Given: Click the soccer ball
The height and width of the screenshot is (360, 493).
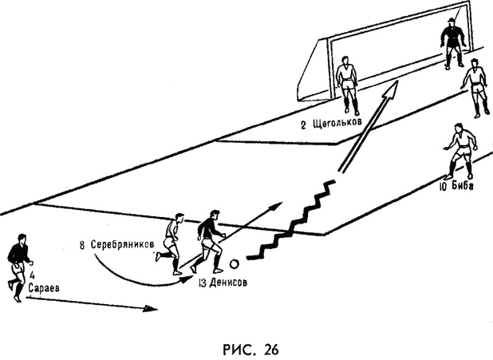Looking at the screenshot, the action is pos(234,264).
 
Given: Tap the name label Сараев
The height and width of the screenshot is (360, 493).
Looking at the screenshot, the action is pos(44,288).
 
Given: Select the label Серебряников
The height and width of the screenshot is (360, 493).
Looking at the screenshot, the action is pos(122,245).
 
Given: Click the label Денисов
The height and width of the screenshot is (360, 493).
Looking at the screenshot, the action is pos(227,283).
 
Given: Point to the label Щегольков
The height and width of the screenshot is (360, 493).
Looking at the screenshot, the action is pos(337,123).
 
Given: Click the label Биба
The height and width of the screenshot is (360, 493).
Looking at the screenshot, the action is pos(462,186).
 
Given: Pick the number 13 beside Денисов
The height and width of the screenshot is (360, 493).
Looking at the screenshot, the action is pos(203,283).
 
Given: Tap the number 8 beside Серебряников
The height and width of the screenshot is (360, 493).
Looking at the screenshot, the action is pos(82,245).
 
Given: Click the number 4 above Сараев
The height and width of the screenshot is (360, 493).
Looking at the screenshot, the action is pos(33,276).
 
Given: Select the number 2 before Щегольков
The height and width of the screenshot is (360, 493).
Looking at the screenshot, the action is pos(303,125).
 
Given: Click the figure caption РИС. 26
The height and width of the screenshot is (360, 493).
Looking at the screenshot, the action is pos(250,350).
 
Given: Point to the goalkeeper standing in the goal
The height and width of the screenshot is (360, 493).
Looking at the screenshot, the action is pos(452,44).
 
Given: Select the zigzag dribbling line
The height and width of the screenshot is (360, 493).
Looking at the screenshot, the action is pos(291,220).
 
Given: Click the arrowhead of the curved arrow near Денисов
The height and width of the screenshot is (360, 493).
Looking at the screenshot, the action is pos(188,279).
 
